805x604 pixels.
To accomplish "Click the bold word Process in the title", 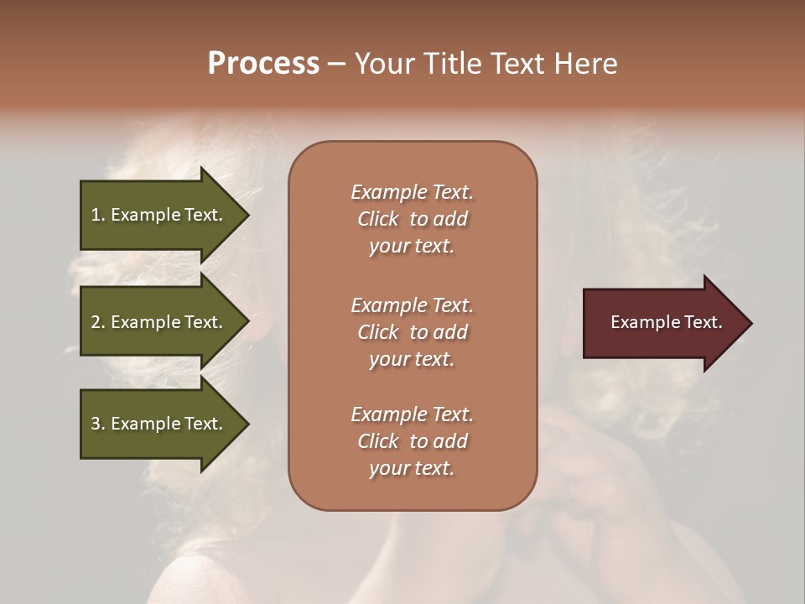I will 263,64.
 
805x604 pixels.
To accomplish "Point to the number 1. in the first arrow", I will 98,215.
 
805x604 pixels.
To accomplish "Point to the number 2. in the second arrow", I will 98,322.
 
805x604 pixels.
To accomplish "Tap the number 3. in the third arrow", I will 98,424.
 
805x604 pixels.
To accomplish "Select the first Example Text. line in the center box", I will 412,192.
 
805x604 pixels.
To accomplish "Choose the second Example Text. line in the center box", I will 412,305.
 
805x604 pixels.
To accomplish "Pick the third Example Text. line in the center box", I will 412,414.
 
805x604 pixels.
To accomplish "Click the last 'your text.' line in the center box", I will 412,468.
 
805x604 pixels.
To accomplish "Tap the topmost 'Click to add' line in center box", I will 412,219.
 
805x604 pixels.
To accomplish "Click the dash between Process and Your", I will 336,65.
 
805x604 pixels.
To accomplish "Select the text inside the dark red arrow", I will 666,322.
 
